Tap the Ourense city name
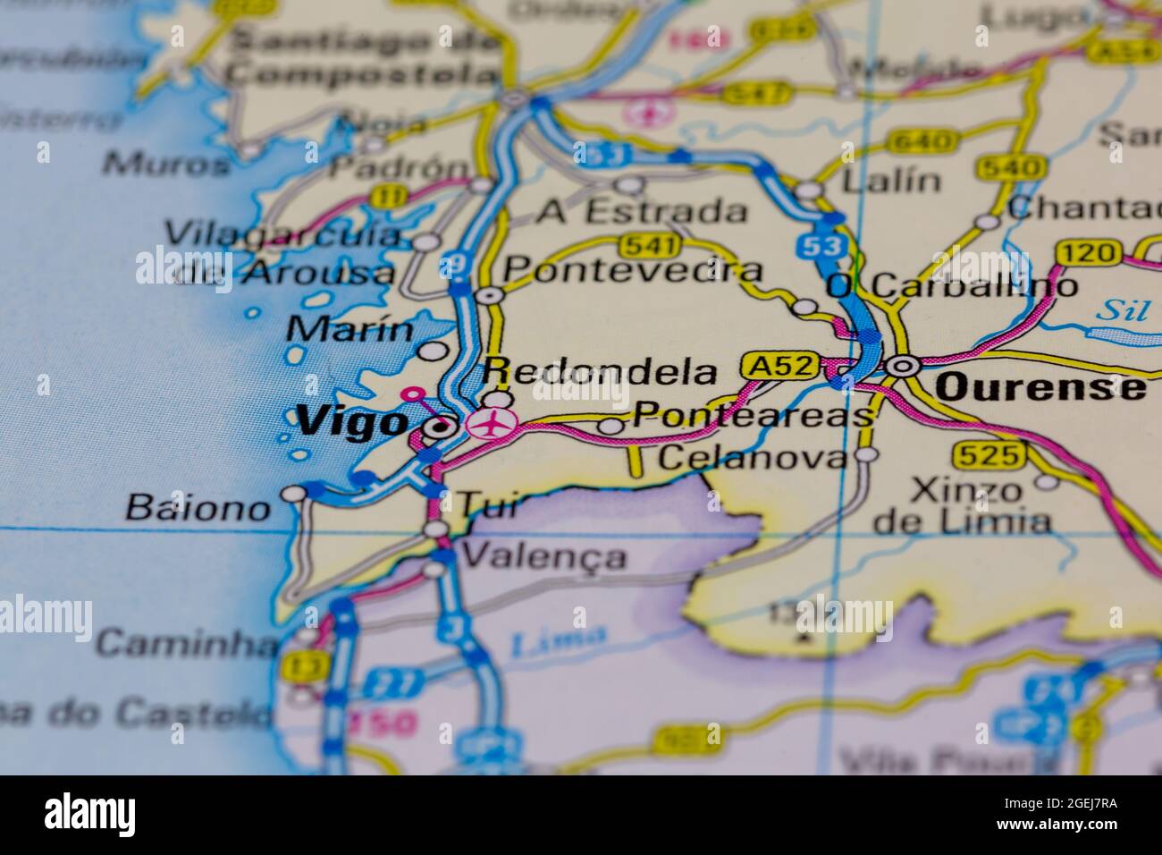1040,386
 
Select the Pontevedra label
633,269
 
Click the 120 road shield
1088,253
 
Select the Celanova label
752,458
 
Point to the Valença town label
545,556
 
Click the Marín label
350,328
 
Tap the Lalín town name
892,181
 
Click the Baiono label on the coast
198,507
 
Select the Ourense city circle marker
902,365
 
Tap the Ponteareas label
751,415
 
